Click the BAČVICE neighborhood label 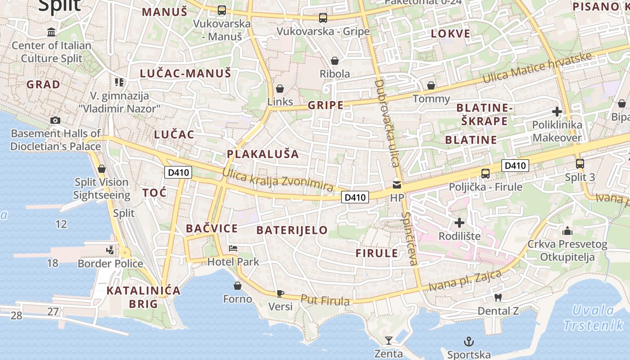[x=211, y=228]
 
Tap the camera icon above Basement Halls [x=55, y=120]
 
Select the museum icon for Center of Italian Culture [x=51, y=32]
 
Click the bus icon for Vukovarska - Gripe [x=323, y=18]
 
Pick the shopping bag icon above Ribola [x=334, y=60]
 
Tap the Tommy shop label [x=431, y=99]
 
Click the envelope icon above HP [x=396, y=184]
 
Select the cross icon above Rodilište [x=459, y=223]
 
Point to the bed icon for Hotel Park [x=233, y=248]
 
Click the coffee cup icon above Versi [x=280, y=293]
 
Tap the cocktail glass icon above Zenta [x=389, y=341]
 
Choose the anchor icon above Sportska [x=469, y=342]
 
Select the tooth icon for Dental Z [x=498, y=297]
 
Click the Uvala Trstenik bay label [x=593, y=317]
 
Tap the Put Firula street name [x=325, y=300]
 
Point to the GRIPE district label [x=325, y=105]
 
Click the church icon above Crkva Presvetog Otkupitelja [x=567, y=231]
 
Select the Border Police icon [x=110, y=250]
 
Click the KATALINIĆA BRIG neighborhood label [x=143, y=297]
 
